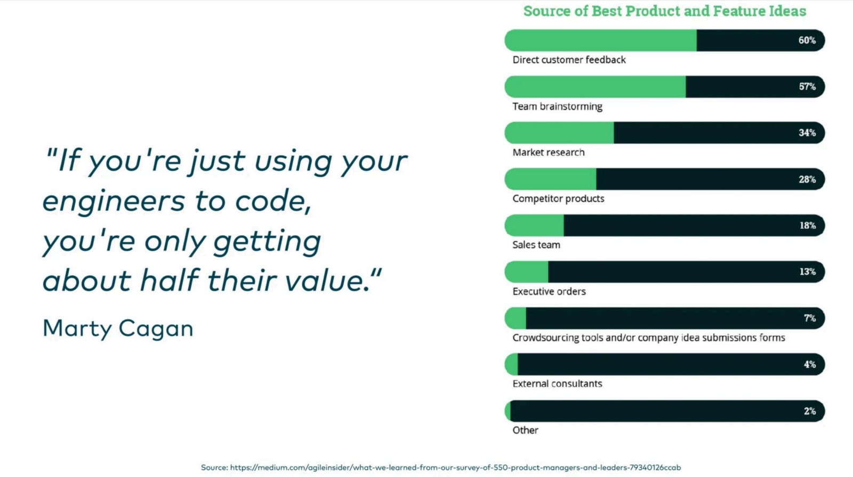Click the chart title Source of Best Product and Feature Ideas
coord(664,11)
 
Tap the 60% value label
coord(807,41)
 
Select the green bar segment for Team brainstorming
coord(595,86)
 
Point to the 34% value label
coord(807,133)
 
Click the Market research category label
coord(549,153)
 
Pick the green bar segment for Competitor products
coord(550,179)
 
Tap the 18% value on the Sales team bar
coord(807,226)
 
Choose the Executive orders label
coord(549,291)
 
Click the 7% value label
coord(810,318)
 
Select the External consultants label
coord(557,384)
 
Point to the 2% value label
coord(810,411)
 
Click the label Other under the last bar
coord(525,430)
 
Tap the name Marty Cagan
coord(118,329)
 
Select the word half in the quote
coord(170,280)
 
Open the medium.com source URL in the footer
coord(455,467)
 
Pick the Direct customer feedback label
coord(569,60)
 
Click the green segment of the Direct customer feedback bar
coord(600,41)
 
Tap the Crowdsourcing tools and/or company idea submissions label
coord(648,338)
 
